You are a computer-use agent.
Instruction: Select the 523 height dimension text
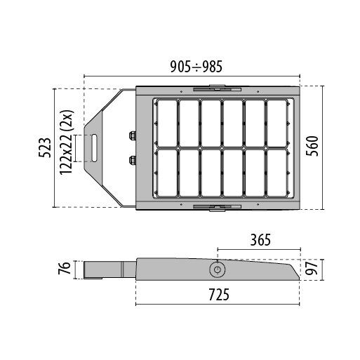click(x=43, y=148)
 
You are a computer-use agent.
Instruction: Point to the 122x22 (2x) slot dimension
click(x=67, y=148)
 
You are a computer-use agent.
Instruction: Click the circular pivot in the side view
click(x=218, y=269)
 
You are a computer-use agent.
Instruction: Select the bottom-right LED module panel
click(x=277, y=173)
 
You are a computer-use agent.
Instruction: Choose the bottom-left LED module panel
click(x=166, y=173)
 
